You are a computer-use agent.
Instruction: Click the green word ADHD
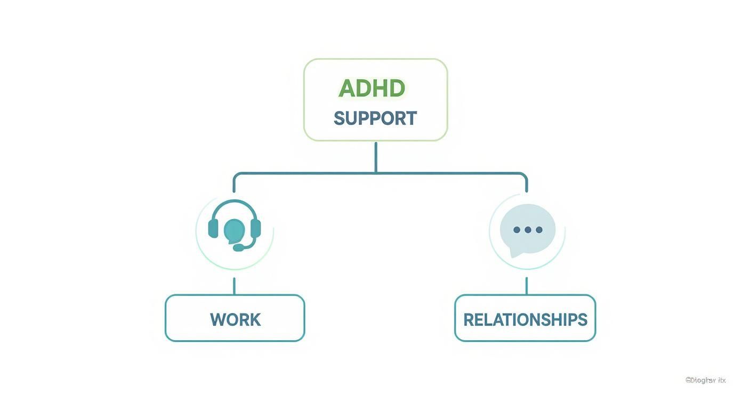pyautogui.click(x=372, y=89)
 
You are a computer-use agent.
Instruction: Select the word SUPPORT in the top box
pyautogui.click(x=375, y=118)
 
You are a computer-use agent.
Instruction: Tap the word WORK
pyautogui.click(x=235, y=320)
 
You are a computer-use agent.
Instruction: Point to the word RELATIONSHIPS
pyautogui.click(x=525, y=320)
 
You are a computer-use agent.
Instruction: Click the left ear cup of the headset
pyautogui.click(x=213, y=228)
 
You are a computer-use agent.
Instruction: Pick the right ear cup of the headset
pyautogui.click(x=255, y=228)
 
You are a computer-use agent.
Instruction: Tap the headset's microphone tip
pyautogui.click(x=238, y=248)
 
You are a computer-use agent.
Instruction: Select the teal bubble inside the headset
pyautogui.click(x=234, y=230)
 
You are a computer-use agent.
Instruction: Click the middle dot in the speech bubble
pyautogui.click(x=528, y=230)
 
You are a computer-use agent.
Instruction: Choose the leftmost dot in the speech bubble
pyautogui.click(x=517, y=230)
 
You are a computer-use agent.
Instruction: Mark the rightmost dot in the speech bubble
pyautogui.click(x=539, y=230)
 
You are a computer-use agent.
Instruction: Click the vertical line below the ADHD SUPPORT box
pyautogui.click(x=376, y=157)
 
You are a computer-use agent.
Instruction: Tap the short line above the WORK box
pyautogui.click(x=234, y=286)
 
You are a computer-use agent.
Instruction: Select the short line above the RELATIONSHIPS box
pyautogui.click(x=527, y=286)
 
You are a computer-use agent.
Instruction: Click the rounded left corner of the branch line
pyautogui.click(x=236, y=175)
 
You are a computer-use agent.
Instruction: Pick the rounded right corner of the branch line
pyautogui.click(x=525, y=175)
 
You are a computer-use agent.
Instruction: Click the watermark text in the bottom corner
pyautogui.click(x=705, y=380)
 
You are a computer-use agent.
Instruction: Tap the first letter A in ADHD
pyautogui.click(x=346, y=89)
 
